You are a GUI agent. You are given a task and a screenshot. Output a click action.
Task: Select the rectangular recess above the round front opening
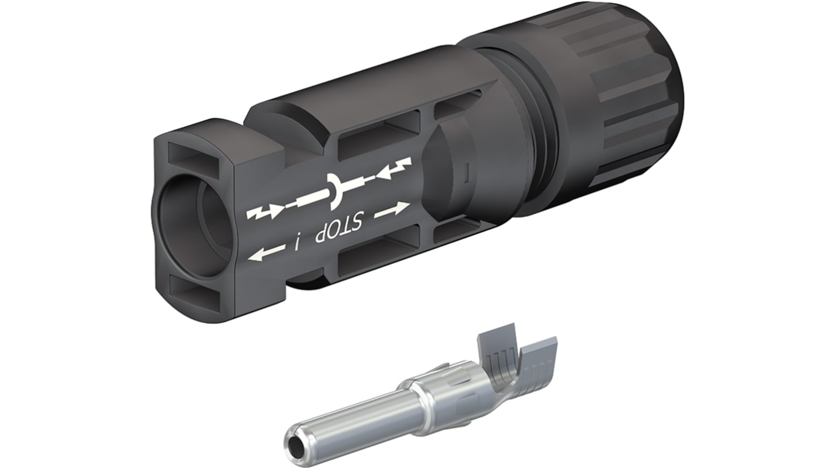click(193, 154)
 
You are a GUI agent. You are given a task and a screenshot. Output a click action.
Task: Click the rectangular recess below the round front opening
click(194, 288)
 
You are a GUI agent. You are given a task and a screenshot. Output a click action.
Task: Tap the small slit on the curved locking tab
click(466, 175)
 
